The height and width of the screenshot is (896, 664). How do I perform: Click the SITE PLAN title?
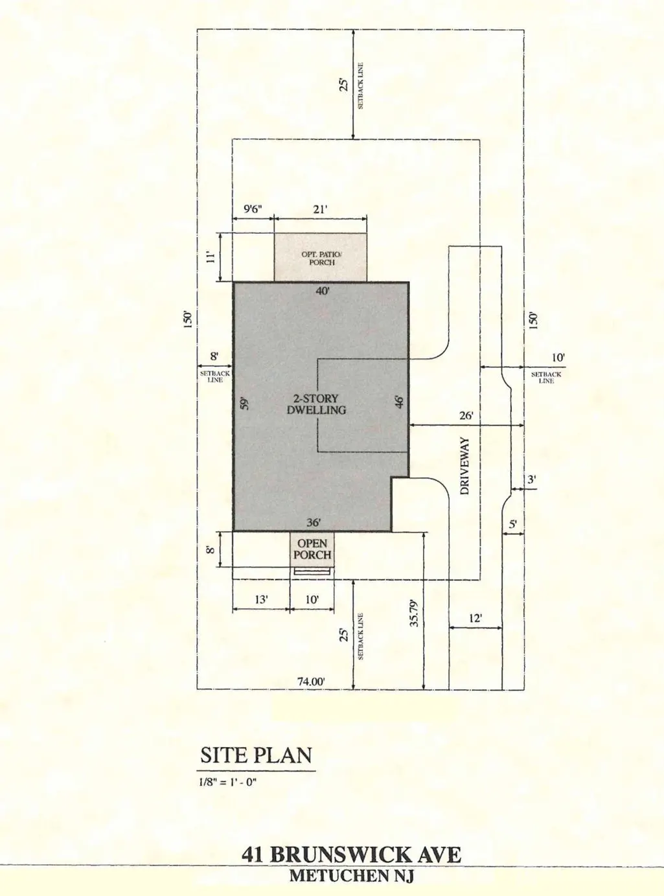point(257,755)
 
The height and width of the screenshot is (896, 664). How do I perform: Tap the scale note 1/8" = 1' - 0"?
point(228,783)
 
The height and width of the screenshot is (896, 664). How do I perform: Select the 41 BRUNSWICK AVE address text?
point(351,855)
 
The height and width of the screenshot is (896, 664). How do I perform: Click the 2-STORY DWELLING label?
point(316,404)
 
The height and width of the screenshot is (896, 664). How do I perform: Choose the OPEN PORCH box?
point(312,549)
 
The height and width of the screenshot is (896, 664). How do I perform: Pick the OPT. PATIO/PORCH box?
point(321,257)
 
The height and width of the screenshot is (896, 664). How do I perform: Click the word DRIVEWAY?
point(465,466)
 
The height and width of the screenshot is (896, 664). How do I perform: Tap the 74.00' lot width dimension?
point(311,682)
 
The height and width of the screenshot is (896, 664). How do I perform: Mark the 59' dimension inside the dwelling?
point(244,404)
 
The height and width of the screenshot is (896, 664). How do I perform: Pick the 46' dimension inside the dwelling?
point(400,402)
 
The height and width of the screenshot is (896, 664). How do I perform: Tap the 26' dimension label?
point(466,415)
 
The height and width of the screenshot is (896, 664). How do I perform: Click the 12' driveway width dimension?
point(475,618)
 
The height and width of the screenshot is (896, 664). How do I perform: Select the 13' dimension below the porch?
point(261,599)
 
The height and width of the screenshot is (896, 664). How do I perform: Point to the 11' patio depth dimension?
point(211,257)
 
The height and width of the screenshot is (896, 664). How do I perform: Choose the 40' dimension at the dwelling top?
point(323,290)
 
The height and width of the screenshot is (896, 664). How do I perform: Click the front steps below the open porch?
point(314,571)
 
